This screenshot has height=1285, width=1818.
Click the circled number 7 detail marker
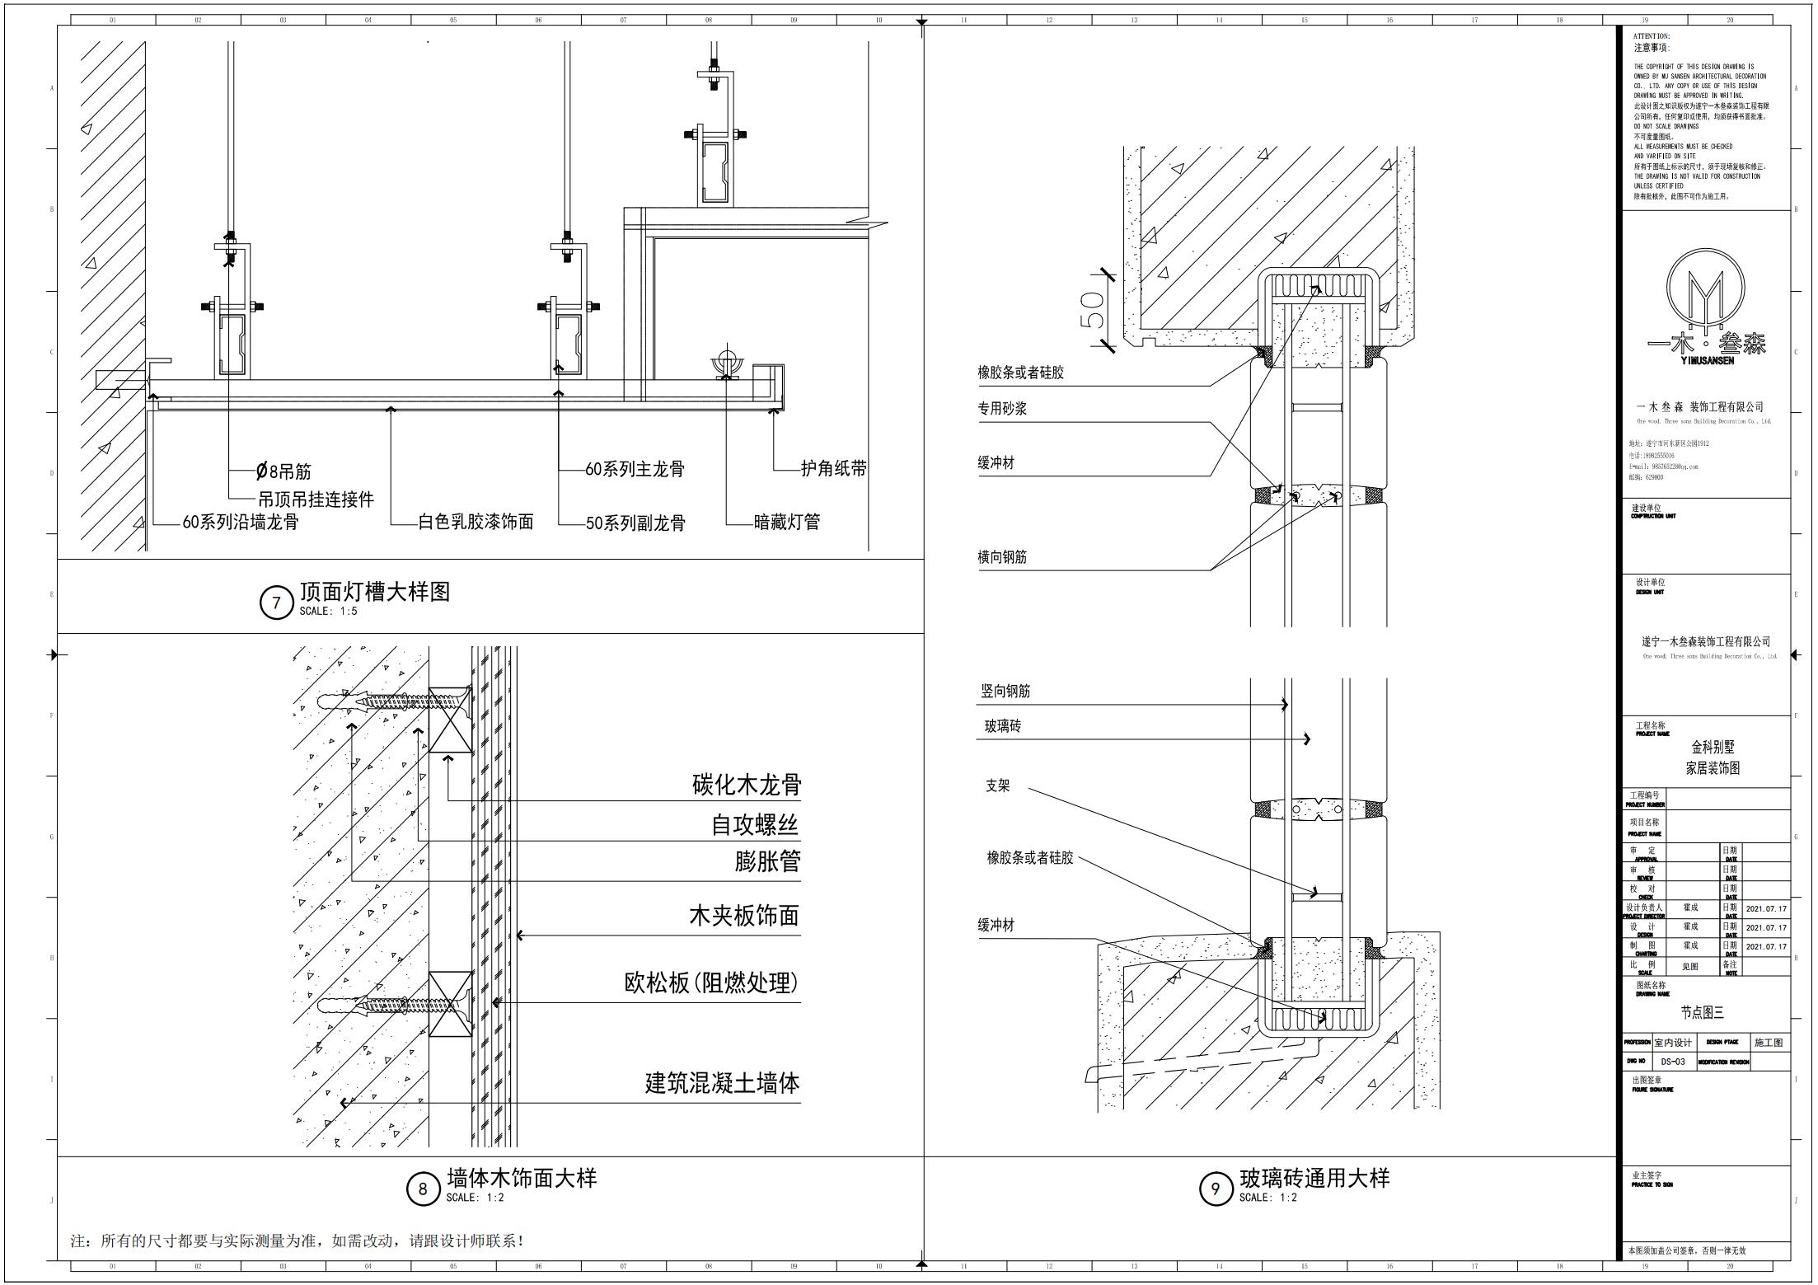[276, 603]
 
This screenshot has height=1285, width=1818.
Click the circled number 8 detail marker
[423, 1189]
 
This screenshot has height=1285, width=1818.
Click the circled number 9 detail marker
[1215, 1189]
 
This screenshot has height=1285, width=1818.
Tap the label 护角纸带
[833, 469]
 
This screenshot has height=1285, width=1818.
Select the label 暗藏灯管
[787, 522]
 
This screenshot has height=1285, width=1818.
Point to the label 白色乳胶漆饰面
[476, 522]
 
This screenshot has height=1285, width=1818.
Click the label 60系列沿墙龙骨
[240, 523]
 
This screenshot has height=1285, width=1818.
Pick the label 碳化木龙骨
[747, 785]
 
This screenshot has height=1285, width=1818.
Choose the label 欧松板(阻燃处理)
[711, 983]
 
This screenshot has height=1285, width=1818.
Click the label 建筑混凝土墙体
[722, 1083]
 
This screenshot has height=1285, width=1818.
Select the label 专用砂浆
[1002, 409]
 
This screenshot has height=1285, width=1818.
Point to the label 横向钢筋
[1002, 557]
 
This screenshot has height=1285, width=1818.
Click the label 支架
[997, 786]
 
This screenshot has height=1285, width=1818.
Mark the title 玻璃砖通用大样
[1314, 1178]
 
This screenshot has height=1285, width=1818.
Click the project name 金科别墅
[1713, 747]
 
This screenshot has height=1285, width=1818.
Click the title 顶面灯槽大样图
[375, 591]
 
